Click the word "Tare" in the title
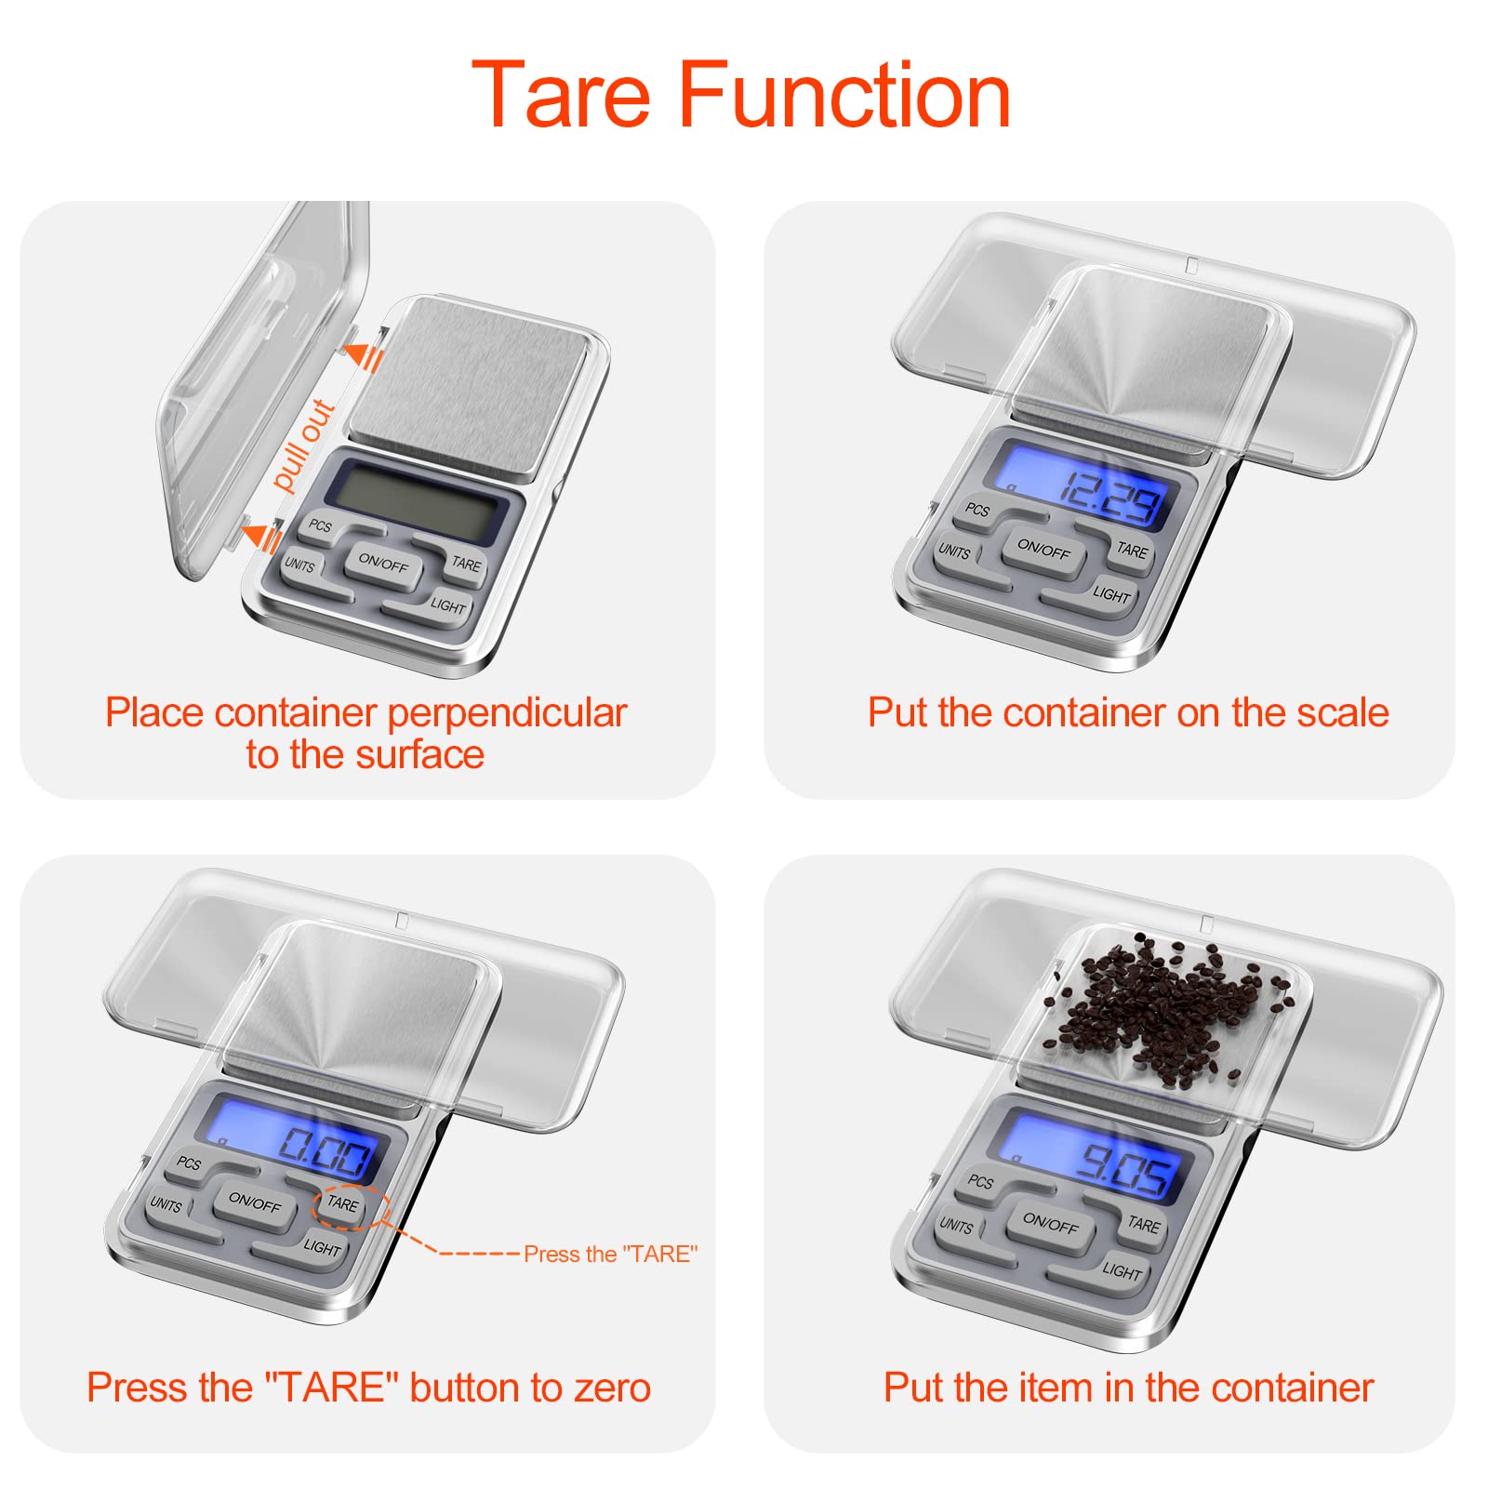562,94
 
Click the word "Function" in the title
845,94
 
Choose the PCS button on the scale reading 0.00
190,1164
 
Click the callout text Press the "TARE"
610,1254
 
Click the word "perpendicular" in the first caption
507,714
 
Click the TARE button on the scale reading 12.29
1131,551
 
